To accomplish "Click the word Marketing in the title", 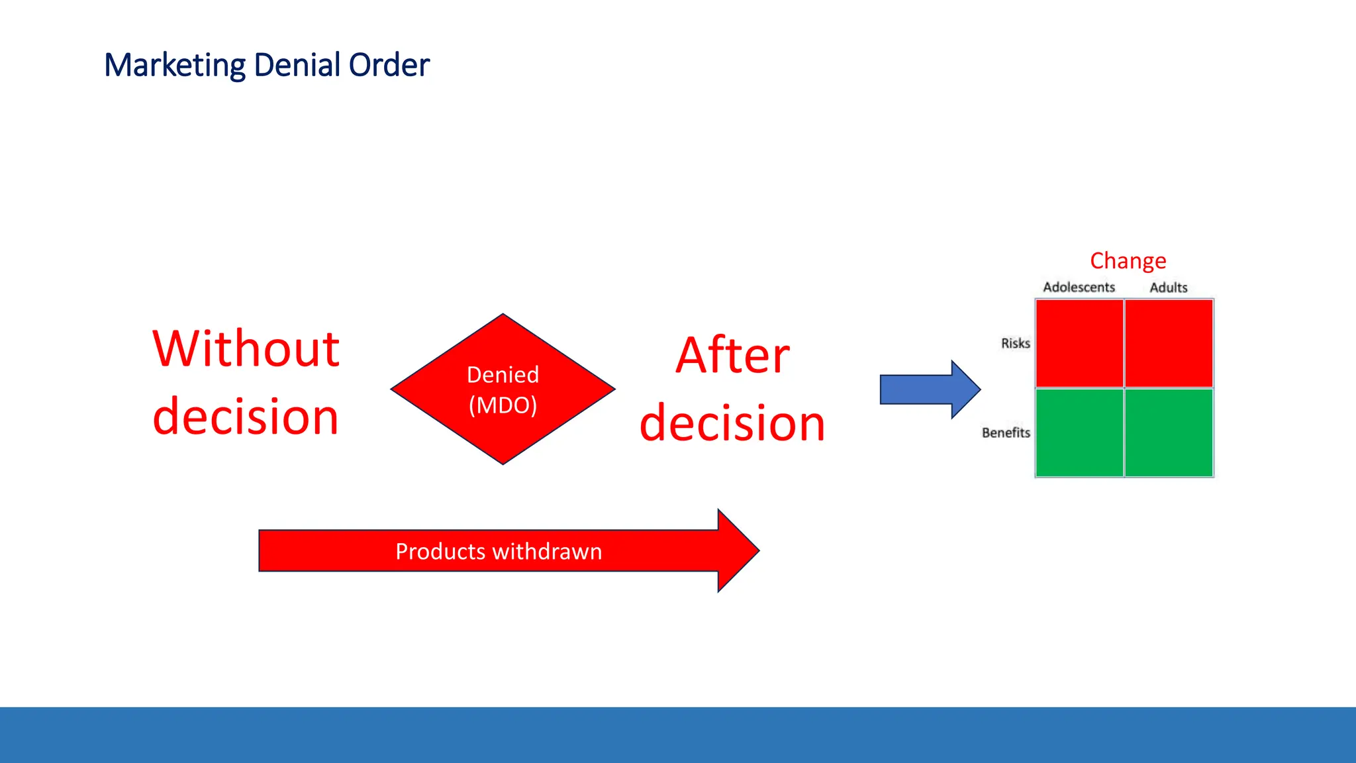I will click(175, 66).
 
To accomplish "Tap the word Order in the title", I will click(389, 65).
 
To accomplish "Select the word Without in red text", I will click(246, 349).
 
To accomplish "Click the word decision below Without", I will click(246, 417).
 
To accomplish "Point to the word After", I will click(732, 356).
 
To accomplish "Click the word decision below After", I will click(732, 423).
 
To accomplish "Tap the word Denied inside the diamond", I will click(503, 375).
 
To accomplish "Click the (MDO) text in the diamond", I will click(503, 405).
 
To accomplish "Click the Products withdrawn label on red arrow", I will click(499, 552).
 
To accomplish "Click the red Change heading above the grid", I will click(1128, 261).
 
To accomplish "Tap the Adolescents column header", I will click(1079, 287).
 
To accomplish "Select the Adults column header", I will click(1168, 287).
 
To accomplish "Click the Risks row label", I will click(1015, 343).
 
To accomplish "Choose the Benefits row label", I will click(1006, 432).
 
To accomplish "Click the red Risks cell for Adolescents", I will click(1079, 343).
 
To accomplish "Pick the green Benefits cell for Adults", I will click(1169, 432).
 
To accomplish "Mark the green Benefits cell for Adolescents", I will click(1079, 432).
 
